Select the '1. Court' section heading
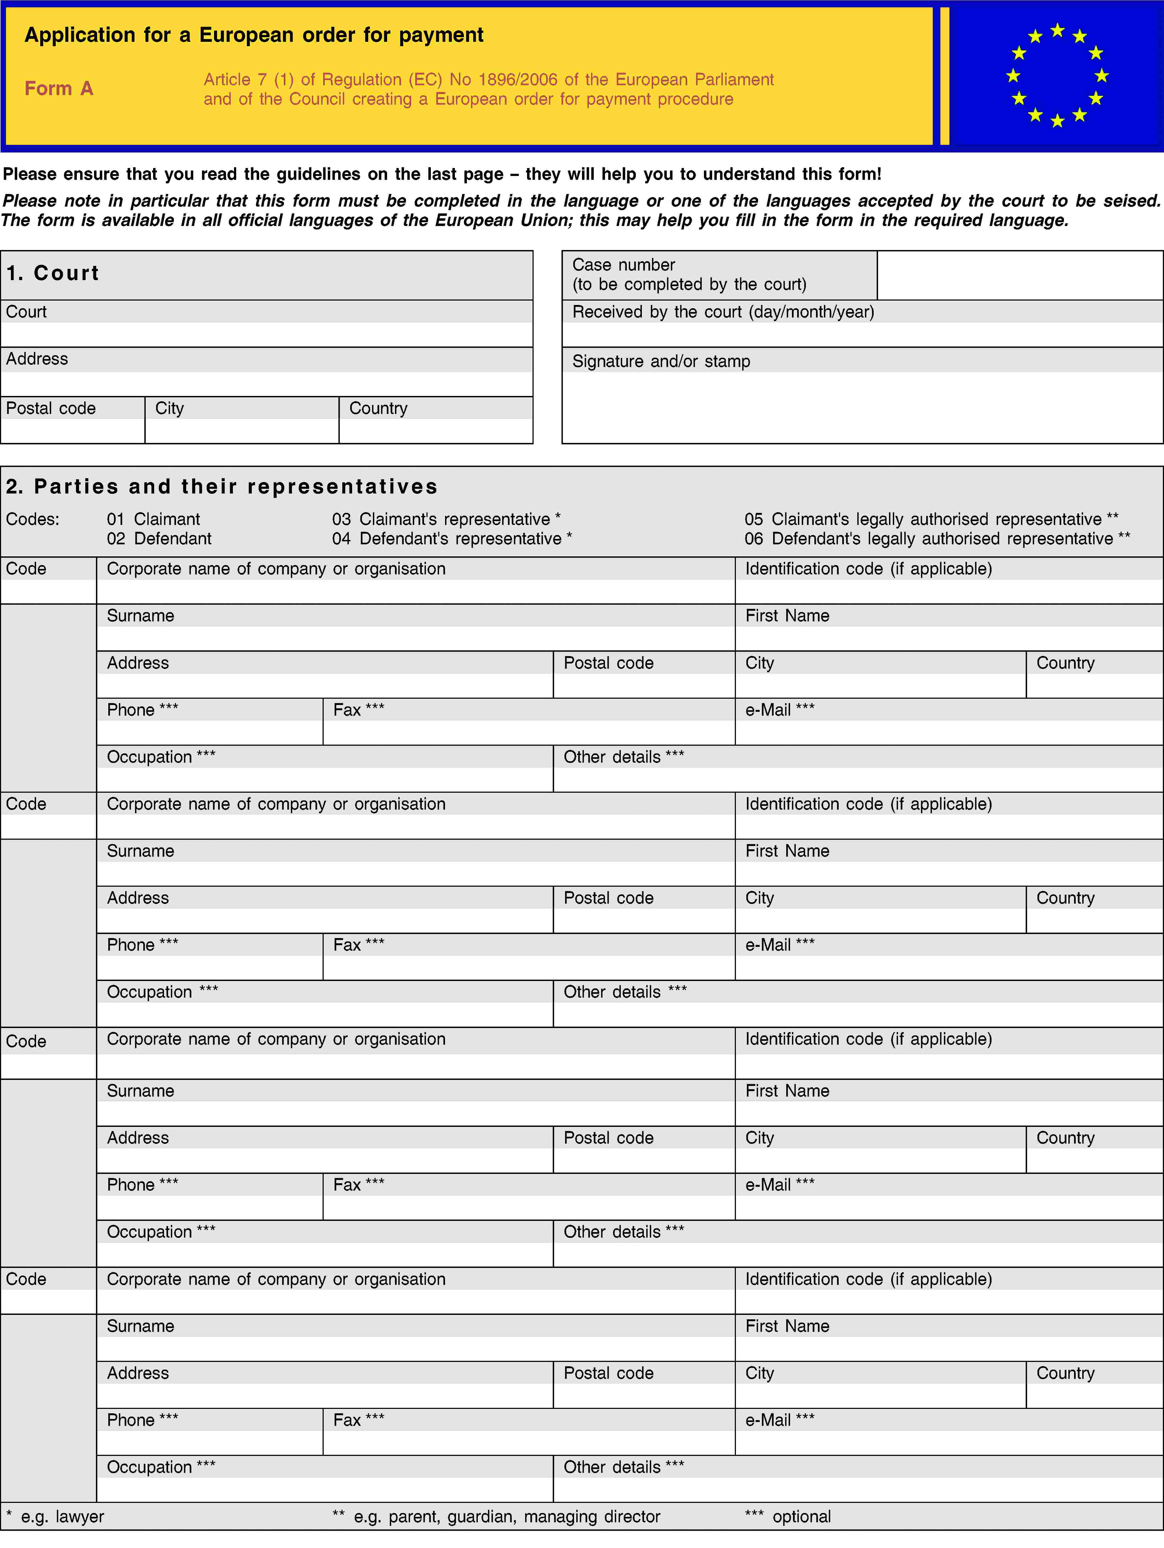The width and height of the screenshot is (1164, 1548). coord(53,273)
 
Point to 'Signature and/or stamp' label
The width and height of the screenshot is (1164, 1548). coord(661,361)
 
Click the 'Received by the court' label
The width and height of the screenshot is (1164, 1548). coord(723,312)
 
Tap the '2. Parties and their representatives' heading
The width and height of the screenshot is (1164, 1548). coord(222,486)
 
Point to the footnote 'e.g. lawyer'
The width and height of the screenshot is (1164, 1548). coord(62,1517)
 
